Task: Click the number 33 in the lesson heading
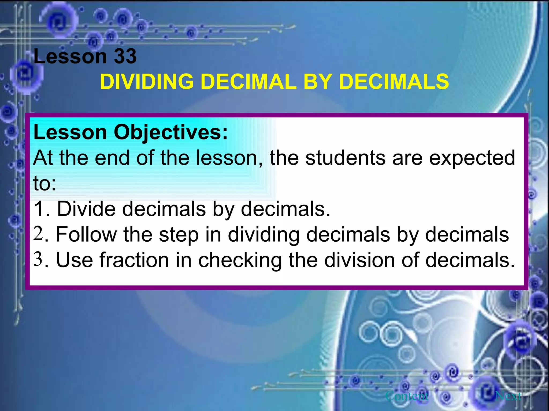[x=125, y=56]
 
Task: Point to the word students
[x=346, y=158]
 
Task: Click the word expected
[x=472, y=158]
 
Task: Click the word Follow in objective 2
[x=86, y=234]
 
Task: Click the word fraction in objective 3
[x=134, y=260]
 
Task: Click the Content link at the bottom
[x=407, y=396]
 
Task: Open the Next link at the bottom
[x=508, y=396]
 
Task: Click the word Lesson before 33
[x=70, y=56]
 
